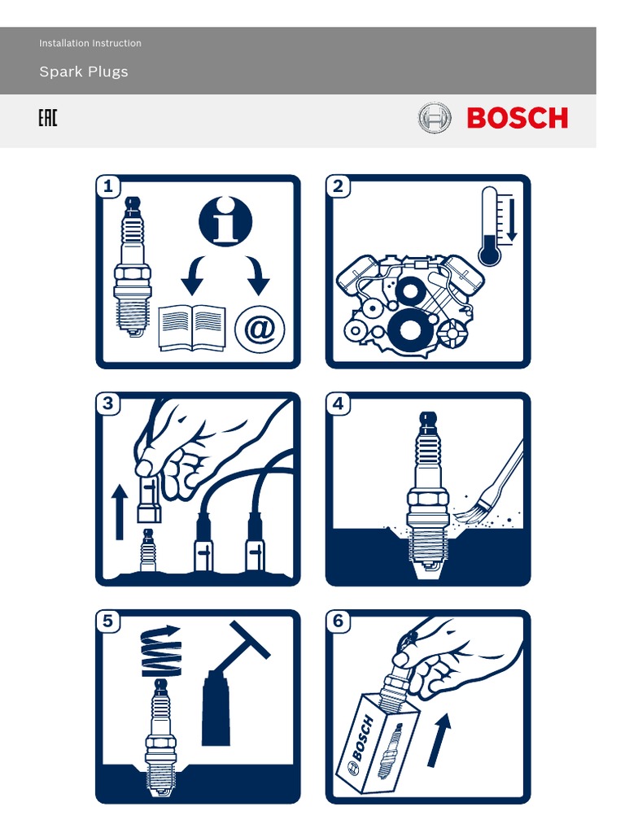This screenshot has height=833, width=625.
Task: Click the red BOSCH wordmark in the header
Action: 517,119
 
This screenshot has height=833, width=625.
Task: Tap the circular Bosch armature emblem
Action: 434,119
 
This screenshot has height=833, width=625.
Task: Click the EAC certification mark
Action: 48,120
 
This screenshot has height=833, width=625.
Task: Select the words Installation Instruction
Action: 90,43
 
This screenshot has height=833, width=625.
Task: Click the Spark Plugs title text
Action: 84,72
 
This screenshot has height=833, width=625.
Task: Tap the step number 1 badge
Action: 108,187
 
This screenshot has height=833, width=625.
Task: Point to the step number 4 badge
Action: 339,404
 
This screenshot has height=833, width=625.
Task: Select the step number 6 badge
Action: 339,622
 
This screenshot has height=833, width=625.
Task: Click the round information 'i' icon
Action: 225,220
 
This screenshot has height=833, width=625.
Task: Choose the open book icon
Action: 192,328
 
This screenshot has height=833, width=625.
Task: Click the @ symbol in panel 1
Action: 260,329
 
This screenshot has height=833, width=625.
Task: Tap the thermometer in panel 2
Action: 489,228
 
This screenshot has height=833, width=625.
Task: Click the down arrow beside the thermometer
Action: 511,218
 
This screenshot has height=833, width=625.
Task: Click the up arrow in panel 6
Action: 439,739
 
